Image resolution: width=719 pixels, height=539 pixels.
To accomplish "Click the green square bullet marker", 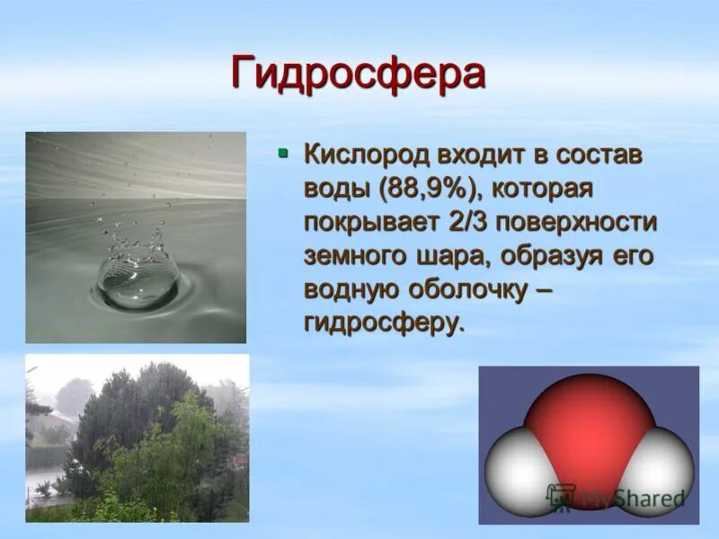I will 283,154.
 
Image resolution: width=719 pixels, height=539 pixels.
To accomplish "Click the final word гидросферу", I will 385,323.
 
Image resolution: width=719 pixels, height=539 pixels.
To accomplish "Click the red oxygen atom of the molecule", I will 589,422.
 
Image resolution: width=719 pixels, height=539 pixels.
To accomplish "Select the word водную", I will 351,288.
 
